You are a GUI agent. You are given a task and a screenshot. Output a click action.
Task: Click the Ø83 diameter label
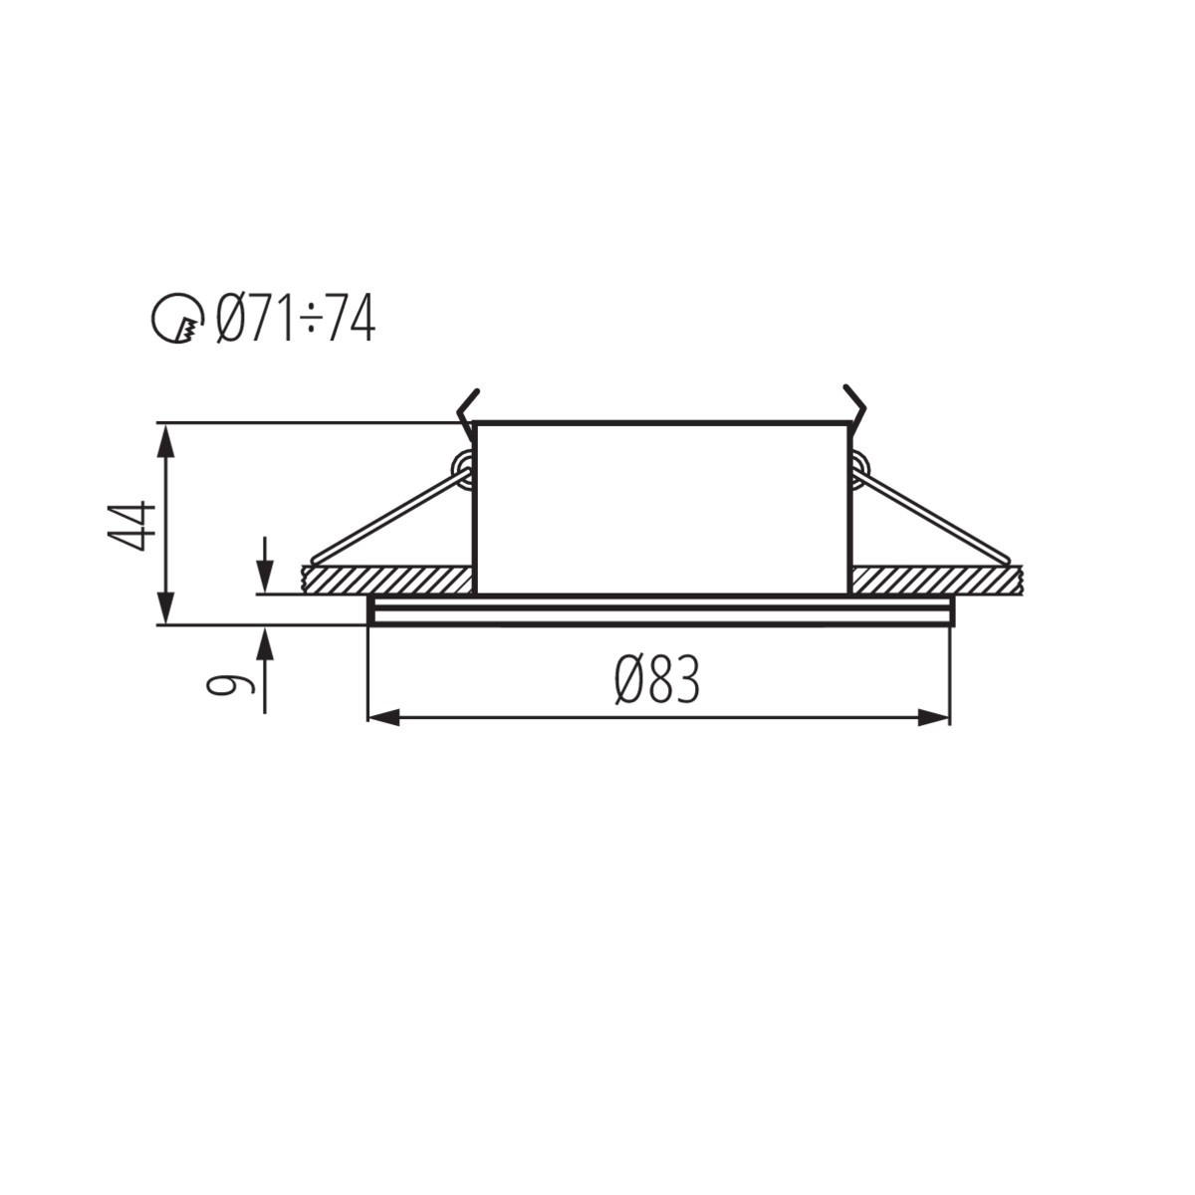[656, 679]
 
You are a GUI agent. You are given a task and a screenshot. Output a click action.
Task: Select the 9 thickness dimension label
[230, 684]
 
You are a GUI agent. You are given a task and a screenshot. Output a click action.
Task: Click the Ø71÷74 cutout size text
[295, 318]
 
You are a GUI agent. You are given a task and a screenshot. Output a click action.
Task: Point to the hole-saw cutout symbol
[178, 318]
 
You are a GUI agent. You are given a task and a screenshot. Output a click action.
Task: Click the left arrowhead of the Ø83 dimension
[383, 718]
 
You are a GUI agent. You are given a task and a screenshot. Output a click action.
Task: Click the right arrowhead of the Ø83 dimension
[934, 718]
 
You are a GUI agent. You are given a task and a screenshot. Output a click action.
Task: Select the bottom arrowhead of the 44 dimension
[165, 607]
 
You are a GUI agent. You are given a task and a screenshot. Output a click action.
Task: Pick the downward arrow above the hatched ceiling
[265, 565]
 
